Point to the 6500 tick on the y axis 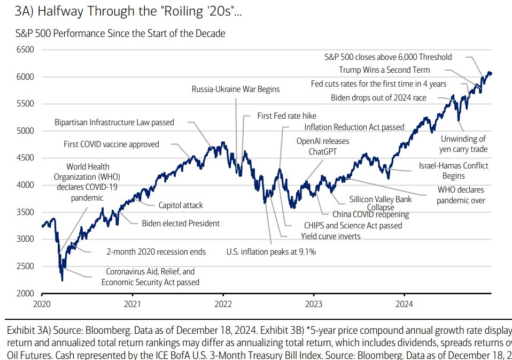[x=25, y=50]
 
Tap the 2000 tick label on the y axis [x=25, y=293]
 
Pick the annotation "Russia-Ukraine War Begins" [x=235, y=89]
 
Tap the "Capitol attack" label [x=181, y=205]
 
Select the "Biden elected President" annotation [x=181, y=223]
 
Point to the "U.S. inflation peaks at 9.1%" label [x=271, y=251]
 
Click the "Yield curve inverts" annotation [x=330, y=236]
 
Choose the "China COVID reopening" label [x=370, y=215]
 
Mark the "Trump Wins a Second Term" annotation [x=384, y=70]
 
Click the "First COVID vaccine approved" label [x=111, y=144]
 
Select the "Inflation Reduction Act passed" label [x=354, y=127]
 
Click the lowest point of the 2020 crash [x=63, y=280]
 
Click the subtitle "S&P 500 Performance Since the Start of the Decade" [x=120, y=33]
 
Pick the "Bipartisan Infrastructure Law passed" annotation [x=114, y=122]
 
